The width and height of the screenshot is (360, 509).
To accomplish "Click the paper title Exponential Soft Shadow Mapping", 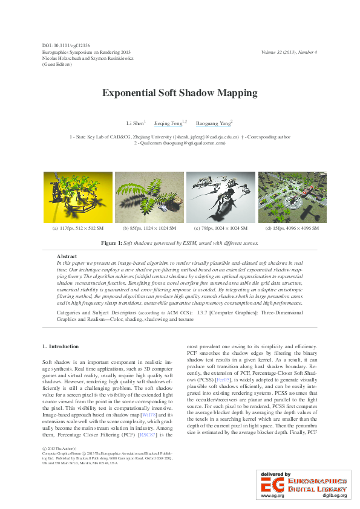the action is coord(180,93).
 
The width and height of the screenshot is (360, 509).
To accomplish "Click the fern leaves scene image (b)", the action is coord(149,198).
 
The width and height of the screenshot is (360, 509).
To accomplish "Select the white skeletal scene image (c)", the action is coord(221,198).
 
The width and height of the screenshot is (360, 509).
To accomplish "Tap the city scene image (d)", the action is coord(292,198).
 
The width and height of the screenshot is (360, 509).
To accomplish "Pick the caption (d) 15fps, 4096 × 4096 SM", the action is coord(293,229).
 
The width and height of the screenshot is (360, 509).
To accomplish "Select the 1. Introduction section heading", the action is coord(61,346).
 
